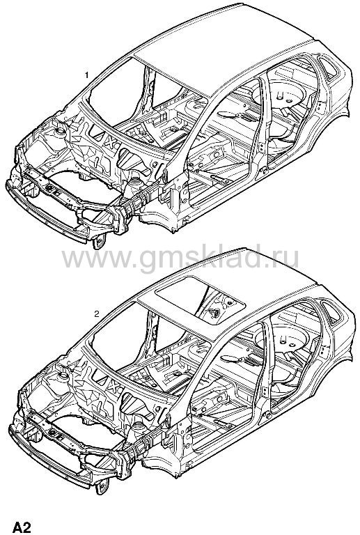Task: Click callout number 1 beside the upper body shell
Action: [87, 75]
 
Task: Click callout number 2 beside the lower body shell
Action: [97, 313]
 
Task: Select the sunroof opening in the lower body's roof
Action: [200, 300]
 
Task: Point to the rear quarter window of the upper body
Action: [328, 68]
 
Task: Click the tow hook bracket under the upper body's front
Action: [99, 241]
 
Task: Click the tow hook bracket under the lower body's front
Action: [102, 486]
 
